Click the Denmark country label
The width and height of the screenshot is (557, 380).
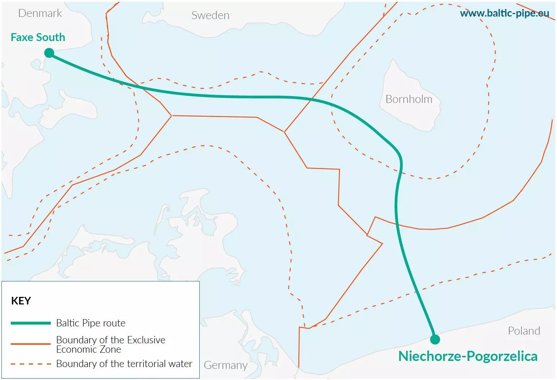tap(40, 13)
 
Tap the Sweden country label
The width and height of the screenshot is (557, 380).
tap(210, 15)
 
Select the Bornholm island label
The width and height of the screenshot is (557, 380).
tap(409, 99)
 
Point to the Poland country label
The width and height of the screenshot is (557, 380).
tap(524, 331)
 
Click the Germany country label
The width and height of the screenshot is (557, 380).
tap(226, 365)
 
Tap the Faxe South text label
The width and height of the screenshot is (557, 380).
tap(38, 37)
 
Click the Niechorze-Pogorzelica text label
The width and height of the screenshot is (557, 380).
tap(468, 356)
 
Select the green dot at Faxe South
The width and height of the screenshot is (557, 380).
tap(49, 53)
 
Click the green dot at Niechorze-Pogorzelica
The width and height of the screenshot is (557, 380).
tap(435, 339)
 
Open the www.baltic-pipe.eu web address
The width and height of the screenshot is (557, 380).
tap(504, 13)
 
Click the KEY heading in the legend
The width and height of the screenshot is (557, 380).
tap(21, 301)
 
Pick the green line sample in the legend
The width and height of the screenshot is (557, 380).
tap(31, 323)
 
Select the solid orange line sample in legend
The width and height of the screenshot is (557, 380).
tap(31, 344)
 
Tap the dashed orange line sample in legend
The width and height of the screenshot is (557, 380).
tap(31, 364)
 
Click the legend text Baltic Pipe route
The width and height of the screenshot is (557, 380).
tap(91, 323)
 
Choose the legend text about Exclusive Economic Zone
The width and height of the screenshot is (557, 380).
tap(110, 344)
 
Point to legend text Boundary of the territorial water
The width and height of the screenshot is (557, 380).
tap(124, 364)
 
